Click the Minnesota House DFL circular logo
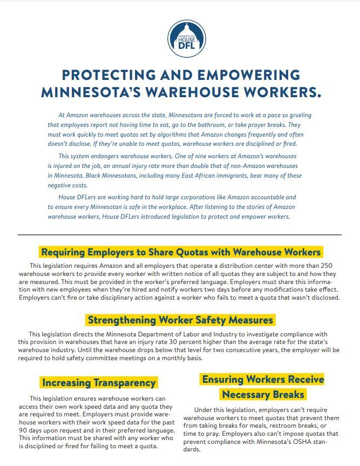point(187,38)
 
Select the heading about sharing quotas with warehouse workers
point(181,252)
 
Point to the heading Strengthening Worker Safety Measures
point(180,320)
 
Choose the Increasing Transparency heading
point(99,383)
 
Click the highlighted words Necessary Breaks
point(263,394)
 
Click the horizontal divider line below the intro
point(180,235)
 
